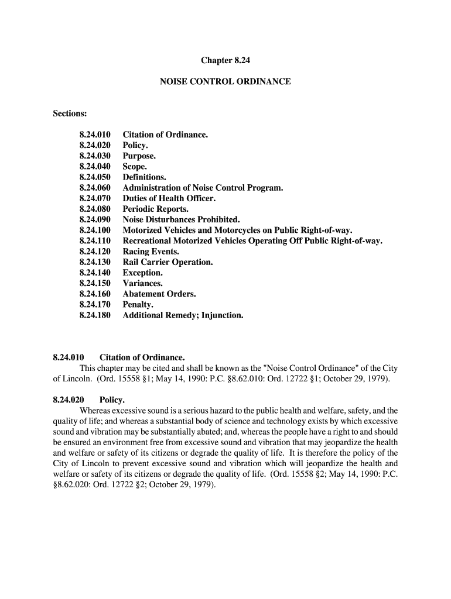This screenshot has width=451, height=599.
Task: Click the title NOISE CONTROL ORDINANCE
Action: (225, 82)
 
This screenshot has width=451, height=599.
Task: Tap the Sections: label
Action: (70, 113)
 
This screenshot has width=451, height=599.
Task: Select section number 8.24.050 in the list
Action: (95, 177)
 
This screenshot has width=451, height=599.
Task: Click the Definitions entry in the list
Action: (144, 177)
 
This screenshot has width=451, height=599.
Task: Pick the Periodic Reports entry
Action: (155, 209)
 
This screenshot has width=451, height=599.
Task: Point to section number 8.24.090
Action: (95, 219)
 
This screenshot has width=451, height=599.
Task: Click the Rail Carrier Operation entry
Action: (168, 262)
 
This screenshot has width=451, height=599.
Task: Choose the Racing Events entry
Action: (151, 252)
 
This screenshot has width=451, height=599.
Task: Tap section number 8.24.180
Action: (95, 315)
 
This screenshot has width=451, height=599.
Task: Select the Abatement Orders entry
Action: (159, 294)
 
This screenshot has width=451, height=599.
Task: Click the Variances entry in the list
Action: (142, 283)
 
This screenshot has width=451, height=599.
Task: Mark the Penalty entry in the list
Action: (138, 305)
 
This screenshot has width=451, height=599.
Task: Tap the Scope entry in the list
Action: (135, 167)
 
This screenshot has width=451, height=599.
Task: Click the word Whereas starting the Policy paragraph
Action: (97, 411)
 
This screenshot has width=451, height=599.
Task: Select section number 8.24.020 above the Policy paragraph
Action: (69, 400)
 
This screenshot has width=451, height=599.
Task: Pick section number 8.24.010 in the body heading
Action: (69, 357)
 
